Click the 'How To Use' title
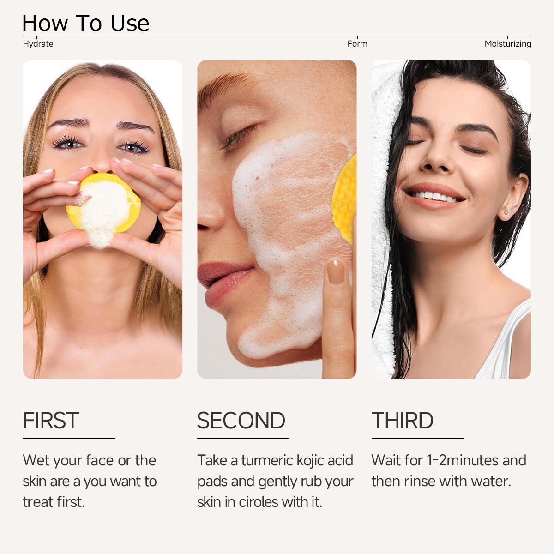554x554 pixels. pyautogui.click(x=86, y=23)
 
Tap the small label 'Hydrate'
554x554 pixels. pyautogui.click(x=38, y=44)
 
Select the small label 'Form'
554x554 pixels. pyautogui.click(x=357, y=44)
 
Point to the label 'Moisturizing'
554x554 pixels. pyautogui.click(x=508, y=44)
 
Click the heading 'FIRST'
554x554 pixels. pyautogui.click(x=51, y=420)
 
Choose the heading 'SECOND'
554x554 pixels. pyautogui.click(x=241, y=420)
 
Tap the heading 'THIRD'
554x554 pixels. pyautogui.click(x=403, y=420)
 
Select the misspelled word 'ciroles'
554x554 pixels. pyautogui.click(x=258, y=502)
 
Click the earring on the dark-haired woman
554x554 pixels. pyautogui.click(x=506, y=212)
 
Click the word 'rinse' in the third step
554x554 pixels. pyautogui.click(x=419, y=481)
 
